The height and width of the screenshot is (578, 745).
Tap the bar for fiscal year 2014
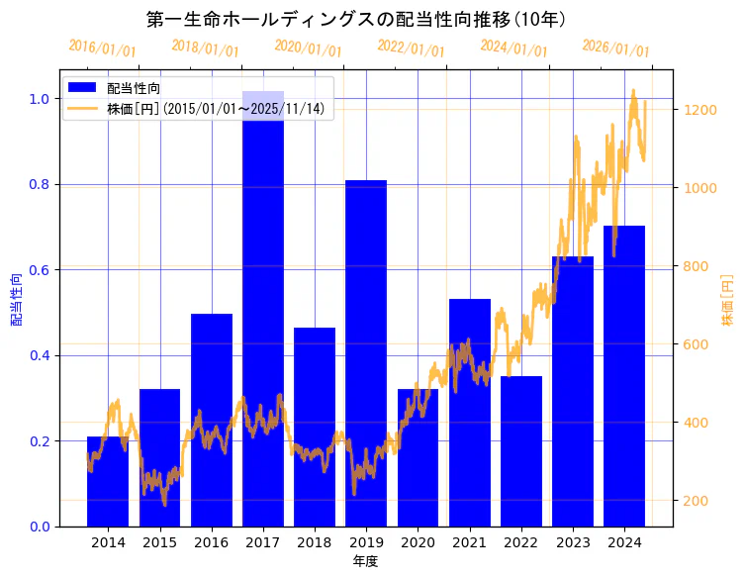pyautogui.click(x=108, y=481)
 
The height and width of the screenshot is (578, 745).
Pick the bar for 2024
pyautogui.click(x=624, y=376)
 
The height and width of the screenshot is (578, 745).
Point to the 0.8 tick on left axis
pyautogui.click(x=39, y=184)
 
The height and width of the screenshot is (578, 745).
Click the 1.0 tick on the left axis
pyautogui.click(x=39, y=99)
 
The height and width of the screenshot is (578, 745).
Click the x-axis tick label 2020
pyautogui.click(x=418, y=542)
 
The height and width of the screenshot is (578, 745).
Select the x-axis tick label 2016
pyautogui.click(x=212, y=542)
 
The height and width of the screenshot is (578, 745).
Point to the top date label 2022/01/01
pyautogui.click(x=411, y=48)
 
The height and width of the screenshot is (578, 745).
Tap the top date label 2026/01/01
pyautogui.click(x=615, y=48)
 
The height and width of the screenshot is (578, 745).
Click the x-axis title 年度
pyautogui.click(x=366, y=561)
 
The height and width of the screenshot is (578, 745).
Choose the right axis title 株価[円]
pyautogui.click(x=727, y=299)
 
